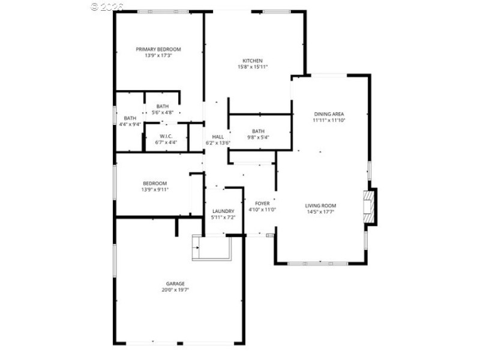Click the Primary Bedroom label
point(158,49)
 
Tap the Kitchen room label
point(253,61)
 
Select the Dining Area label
point(329,113)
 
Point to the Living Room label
point(320,205)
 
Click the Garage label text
point(175,283)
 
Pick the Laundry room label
point(223,211)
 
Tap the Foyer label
point(262,203)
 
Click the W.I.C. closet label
point(166,136)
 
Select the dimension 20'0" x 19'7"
point(175,290)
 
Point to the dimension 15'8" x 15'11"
point(253,67)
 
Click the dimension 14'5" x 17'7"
point(320,211)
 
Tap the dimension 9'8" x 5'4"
point(258,137)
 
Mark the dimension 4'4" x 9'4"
point(130,124)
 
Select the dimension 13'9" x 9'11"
point(155,190)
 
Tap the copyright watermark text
point(107,6)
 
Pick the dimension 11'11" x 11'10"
point(329,120)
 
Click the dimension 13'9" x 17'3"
point(158,56)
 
